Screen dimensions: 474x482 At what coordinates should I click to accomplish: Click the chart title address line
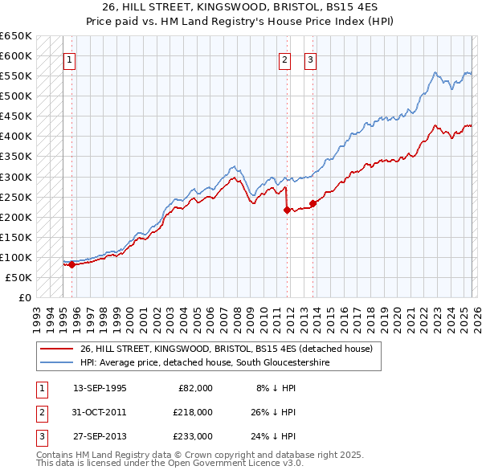point(240,7)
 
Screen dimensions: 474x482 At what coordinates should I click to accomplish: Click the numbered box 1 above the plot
point(69,59)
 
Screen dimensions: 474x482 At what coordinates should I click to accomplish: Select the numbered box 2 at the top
point(285,59)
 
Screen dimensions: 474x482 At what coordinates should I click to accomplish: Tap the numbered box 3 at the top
point(310,59)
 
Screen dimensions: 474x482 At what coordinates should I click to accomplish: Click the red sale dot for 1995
point(72,264)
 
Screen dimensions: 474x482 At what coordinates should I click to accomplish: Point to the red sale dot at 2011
point(287,210)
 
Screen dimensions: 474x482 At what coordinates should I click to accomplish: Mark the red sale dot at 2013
point(312,203)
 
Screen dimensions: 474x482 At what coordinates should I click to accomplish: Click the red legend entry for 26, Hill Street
point(227,349)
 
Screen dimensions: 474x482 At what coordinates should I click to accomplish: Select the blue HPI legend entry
point(205,363)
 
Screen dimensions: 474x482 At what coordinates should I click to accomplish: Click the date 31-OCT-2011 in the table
point(100,411)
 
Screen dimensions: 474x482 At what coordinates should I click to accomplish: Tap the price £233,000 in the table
point(193,436)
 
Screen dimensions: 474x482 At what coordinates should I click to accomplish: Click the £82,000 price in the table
point(195,387)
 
